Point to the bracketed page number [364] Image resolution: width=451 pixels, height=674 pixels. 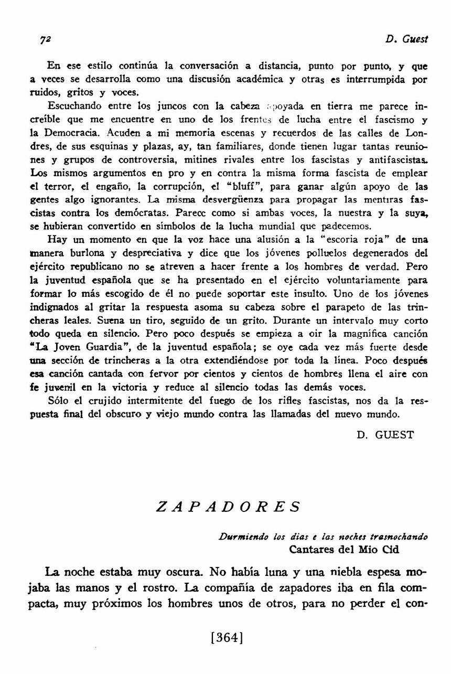pyautogui.click(x=225, y=638)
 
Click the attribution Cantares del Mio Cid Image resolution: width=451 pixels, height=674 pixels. pyautogui.click(x=343, y=549)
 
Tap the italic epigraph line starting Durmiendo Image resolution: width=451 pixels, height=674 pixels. pyautogui.click(x=323, y=537)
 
